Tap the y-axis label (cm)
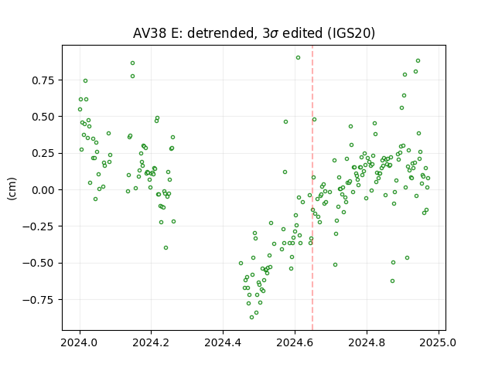pyautogui.click(x=12, y=189)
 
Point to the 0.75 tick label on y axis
pyautogui.click(x=43, y=80)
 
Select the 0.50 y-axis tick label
pyautogui.click(x=43, y=117)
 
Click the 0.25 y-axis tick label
pyautogui.click(x=43, y=154)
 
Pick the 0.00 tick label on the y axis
pyautogui.click(x=43, y=190)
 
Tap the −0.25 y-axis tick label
pyautogui.click(x=39, y=226)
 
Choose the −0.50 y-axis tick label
pyautogui.click(x=39, y=264)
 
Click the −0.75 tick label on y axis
pyautogui.click(x=39, y=300)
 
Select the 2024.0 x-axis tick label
pyautogui.click(x=79, y=342)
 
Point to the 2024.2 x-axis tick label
pyautogui.click(x=151, y=342)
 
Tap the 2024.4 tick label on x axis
pyautogui.click(x=223, y=342)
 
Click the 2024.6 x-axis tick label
pyautogui.click(x=295, y=342)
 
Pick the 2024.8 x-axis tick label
pyautogui.click(x=367, y=342)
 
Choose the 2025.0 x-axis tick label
pyautogui.click(x=439, y=342)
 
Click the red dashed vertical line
pyautogui.click(x=312, y=188)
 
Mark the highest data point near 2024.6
pyautogui.click(x=298, y=58)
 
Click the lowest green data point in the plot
pyautogui.click(x=251, y=318)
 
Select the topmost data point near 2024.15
pyautogui.click(x=132, y=63)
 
